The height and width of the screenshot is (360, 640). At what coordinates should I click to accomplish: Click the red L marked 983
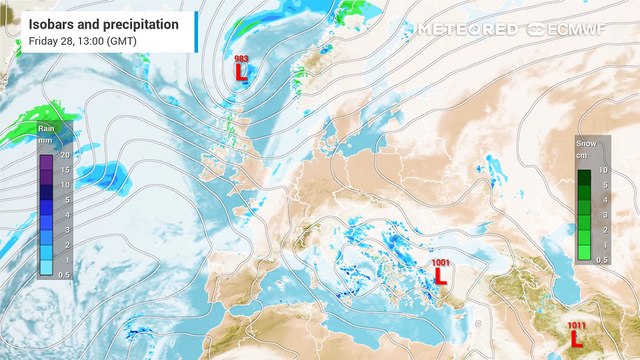(241, 72)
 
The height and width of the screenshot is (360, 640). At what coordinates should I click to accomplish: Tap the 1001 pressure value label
(441, 262)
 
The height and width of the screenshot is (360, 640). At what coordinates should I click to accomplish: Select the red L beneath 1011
(577, 339)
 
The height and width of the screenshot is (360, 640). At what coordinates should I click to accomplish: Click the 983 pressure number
(241, 59)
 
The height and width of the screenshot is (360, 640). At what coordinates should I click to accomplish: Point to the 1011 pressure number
(577, 325)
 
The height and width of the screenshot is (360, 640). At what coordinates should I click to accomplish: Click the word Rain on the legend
(45, 129)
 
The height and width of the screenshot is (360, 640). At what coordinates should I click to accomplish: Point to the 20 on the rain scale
(65, 156)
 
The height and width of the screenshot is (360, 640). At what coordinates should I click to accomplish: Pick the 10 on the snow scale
(603, 171)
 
